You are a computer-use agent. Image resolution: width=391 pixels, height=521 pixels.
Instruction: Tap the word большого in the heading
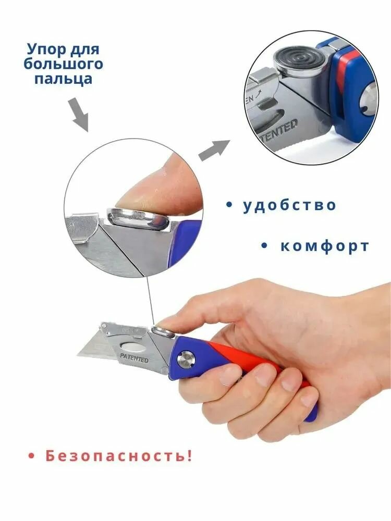click(63, 64)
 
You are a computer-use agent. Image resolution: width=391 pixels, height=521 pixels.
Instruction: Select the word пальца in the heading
click(63, 79)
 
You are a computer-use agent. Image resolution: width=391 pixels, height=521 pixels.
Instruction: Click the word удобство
click(289, 204)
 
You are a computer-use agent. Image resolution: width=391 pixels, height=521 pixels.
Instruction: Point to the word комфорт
click(325, 246)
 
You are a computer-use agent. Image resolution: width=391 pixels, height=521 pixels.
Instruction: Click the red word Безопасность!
click(119, 455)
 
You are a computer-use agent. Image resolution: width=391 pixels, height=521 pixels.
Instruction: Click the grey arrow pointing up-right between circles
click(214, 150)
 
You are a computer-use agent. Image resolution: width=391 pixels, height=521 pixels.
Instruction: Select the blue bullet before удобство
click(229, 205)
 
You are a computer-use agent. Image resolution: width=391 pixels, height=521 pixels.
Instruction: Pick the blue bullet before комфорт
click(265, 246)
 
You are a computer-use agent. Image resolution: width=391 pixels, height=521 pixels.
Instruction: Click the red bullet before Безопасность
click(32, 456)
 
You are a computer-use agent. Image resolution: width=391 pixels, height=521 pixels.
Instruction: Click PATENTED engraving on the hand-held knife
click(135, 358)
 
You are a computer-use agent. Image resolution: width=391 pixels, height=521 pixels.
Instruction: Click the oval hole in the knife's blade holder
click(133, 347)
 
